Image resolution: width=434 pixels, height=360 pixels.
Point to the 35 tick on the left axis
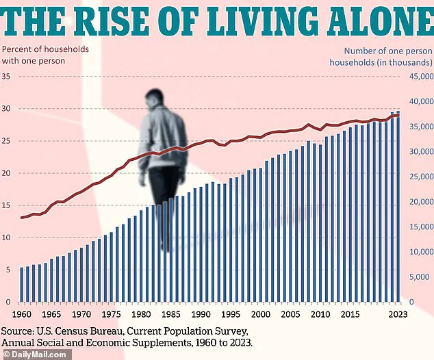pyautogui.click(x=7, y=76)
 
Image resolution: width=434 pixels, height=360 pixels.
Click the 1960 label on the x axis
pyautogui.click(x=21, y=314)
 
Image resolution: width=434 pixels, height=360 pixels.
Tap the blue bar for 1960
pyautogui.click(x=21, y=285)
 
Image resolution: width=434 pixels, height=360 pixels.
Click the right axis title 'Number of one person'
pyautogui.click(x=388, y=50)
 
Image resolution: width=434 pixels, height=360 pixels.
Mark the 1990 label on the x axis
pyautogui.click(x=201, y=314)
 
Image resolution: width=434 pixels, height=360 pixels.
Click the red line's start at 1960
pyautogui.click(x=21, y=218)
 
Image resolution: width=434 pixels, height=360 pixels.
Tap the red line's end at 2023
pyautogui.click(x=398, y=115)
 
